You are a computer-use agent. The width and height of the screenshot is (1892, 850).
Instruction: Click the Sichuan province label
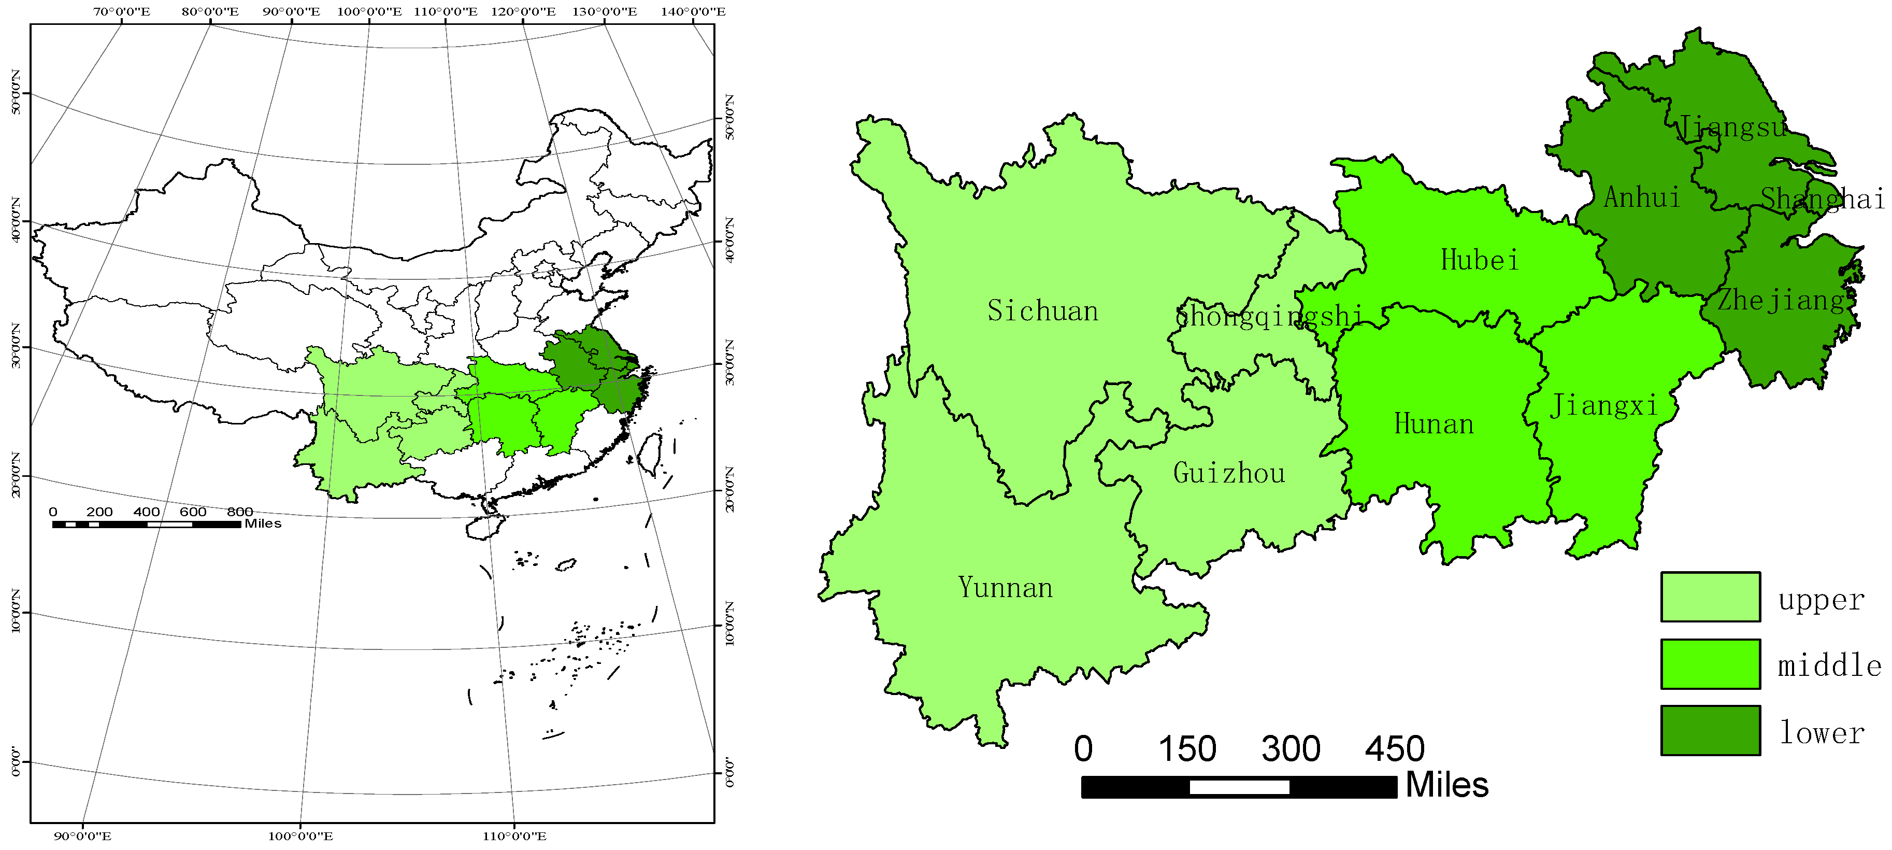tap(1042, 311)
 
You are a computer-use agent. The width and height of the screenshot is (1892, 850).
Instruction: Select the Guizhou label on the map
tap(1229, 473)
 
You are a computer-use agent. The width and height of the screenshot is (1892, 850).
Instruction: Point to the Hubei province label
tap(1479, 260)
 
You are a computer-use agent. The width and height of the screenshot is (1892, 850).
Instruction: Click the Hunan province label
tap(1434, 424)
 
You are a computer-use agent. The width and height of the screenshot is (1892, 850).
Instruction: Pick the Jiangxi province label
tap(1603, 405)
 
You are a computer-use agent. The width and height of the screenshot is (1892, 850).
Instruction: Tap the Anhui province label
tap(1642, 197)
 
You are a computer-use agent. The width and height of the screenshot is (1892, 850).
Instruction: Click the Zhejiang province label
tap(1781, 300)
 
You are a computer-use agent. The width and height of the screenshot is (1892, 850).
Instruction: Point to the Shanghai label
tap(1822, 199)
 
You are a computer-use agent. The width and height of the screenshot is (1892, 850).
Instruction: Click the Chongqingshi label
tap(1268, 316)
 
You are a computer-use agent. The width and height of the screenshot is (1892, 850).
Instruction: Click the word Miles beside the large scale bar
tap(1446, 785)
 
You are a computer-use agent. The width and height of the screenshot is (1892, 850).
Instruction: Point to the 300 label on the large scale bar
tap(1291, 748)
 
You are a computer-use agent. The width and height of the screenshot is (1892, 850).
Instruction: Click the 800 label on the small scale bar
tap(239, 512)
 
